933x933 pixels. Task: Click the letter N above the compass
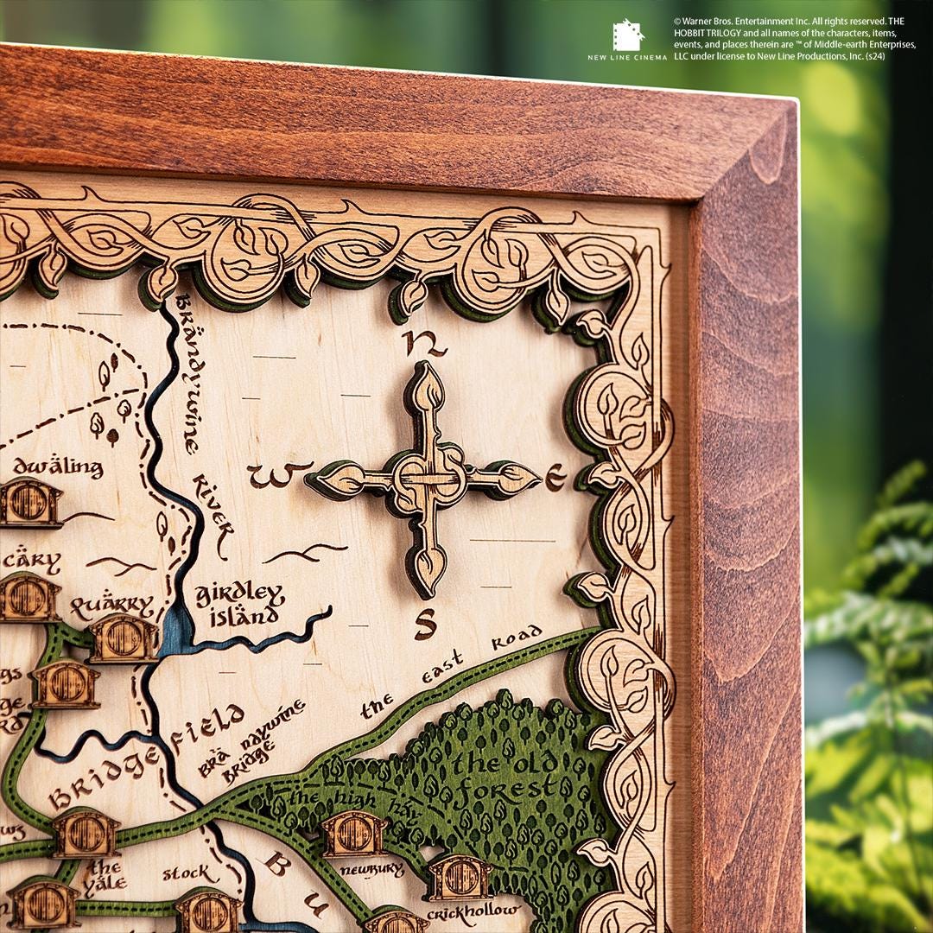pos(424,344)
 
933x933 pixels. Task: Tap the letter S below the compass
pos(424,623)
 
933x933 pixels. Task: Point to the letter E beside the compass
pos(555,475)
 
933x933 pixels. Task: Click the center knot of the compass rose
pos(425,478)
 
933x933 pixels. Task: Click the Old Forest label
pos(504,777)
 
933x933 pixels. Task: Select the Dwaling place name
pos(58,467)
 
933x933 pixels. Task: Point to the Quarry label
pos(112,606)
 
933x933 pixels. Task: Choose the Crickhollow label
pos(474,911)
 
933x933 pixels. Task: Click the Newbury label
pos(371,869)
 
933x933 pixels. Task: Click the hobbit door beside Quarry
pos(124,638)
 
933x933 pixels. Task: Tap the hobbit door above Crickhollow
pos(459,878)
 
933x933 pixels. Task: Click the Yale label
pos(105,876)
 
